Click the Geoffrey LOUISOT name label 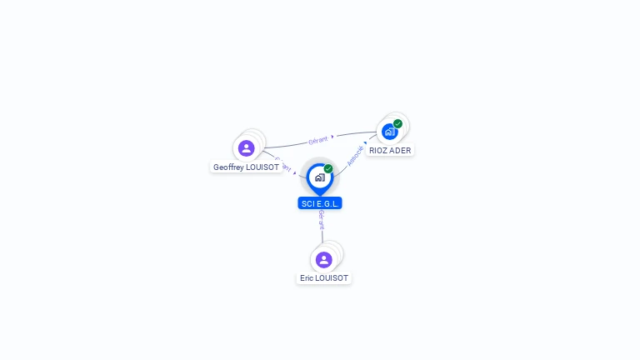[x=246, y=167]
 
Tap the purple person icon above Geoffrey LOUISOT [x=246, y=148]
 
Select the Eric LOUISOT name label [x=324, y=277]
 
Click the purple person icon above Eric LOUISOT [x=324, y=260]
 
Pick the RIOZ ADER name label [x=390, y=151]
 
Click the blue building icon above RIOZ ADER [x=389, y=132]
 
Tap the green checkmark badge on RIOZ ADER [x=398, y=123]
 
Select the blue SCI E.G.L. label [x=320, y=203]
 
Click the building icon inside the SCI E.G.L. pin [x=319, y=177]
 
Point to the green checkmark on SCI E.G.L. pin [x=328, y=168]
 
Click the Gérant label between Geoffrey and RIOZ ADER [x=317, y=140]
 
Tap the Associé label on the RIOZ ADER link [x=356, y=156]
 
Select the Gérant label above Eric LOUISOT [x=322, y=221]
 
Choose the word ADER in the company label [x=401, y=151]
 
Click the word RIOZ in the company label [x=379, y=151]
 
